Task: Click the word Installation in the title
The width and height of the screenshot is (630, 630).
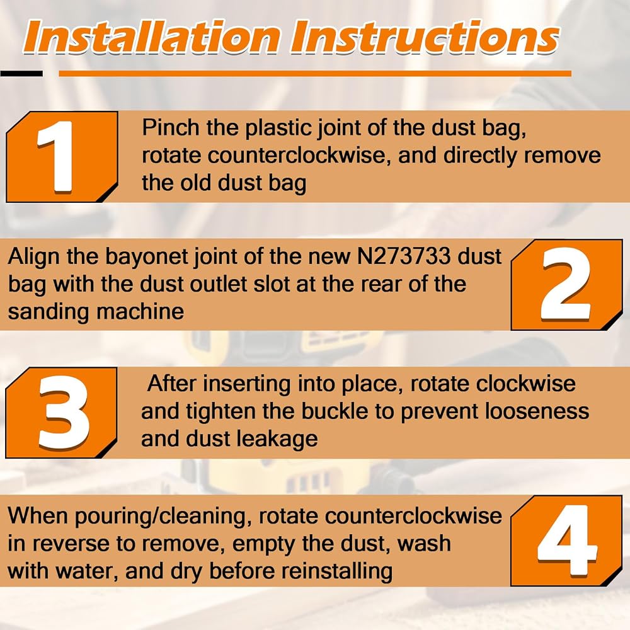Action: point(152,37)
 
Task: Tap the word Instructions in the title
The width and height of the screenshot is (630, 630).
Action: point(425,37)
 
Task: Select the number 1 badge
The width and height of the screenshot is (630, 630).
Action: point(62,157)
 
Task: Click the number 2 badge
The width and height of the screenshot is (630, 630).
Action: point(566,285)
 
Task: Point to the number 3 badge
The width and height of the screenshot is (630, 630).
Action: point(62,413)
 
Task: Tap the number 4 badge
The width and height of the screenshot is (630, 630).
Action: point(566,541)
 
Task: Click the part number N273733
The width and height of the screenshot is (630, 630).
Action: point(404,256)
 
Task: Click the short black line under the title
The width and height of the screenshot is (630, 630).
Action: point(21,74)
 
